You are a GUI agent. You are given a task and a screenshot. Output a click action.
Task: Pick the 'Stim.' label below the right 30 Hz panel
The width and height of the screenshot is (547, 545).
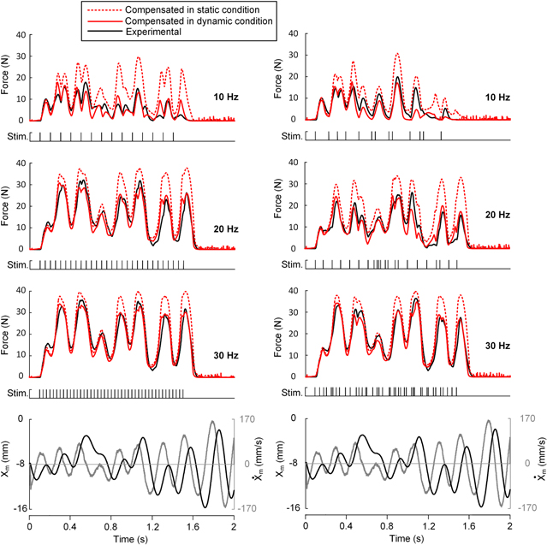[x=294, y=393]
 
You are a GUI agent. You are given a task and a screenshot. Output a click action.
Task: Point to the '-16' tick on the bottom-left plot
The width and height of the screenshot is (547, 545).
[x=17, y=508]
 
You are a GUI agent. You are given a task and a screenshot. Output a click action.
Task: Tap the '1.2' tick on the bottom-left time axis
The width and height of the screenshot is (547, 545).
[x=152, y=520]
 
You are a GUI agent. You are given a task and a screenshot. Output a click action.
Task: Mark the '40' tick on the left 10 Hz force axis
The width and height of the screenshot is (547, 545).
[x=21, y=35]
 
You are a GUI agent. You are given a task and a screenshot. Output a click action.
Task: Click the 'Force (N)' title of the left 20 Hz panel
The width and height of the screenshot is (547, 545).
[x=8, y=206]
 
